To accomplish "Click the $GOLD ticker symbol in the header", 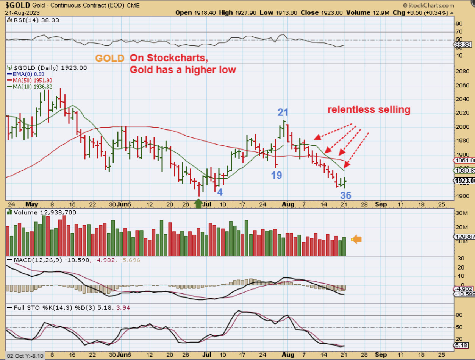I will pyautogui.click(x=17, y=5).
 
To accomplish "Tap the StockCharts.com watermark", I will pyautogui.click(x=428, y=6).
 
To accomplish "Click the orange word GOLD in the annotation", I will pyautogui.click(x=109, y=58).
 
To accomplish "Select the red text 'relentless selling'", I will pyautogui.click(x=369, y=110).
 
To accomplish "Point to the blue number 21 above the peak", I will pyautogui.click(x=283, y=112).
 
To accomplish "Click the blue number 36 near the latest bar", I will pyautogui.click(x=345, y=195).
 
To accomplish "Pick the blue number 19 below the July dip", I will pyautogui.click(x=277, y=175).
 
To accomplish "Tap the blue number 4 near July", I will pyautogui.click(x=219, y=192).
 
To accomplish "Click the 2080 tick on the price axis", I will pyautogui.click(x=462, y=71).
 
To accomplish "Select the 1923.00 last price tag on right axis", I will pyautogui.click(x=464, y=181).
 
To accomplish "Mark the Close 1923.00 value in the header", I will pyautogui.click(x=322, y=12).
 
